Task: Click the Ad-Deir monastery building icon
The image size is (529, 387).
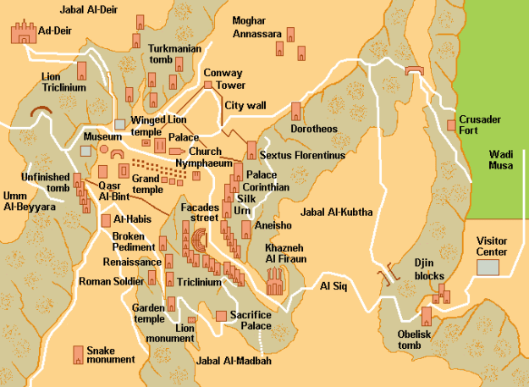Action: pyautogui.click(x=23, y=33)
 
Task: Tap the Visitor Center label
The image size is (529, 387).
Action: pyautogui.click(x=492, y=246)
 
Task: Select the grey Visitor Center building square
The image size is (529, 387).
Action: pyautogui.click(x=488, y=268)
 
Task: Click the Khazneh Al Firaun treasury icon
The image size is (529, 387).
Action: pyautogui.click(x=276, y=282)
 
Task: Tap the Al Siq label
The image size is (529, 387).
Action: pyautogui.click(x=334, y=286)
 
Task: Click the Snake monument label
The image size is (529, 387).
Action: pyautogui.click(x=110, y=354)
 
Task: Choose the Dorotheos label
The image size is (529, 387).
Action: pyautogui.click(x=315, y=130)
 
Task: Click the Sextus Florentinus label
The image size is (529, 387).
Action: pyautogui.click(x=303, y=156)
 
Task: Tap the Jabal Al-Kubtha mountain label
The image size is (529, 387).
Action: pyautogui.click(x=336, y=212)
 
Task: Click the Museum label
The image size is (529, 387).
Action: pyautogui.click(x=101, y=136)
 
